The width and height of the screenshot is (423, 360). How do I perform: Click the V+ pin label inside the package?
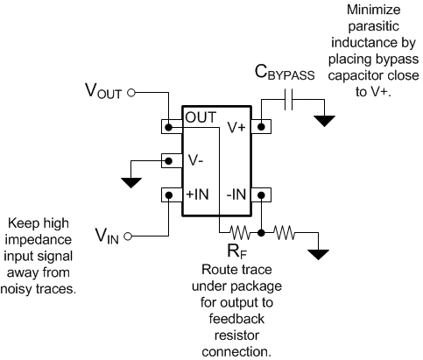(x=236, y=127)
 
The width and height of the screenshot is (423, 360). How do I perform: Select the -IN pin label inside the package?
(x=236, y=194)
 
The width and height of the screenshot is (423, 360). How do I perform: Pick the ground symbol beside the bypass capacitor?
(x=324, y=119)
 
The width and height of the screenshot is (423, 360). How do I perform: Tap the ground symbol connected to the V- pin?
(x=132, y=181)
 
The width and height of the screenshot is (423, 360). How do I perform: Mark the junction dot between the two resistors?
(x=261, y=234)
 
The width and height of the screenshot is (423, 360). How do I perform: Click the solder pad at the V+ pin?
(x=260, y=127)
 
